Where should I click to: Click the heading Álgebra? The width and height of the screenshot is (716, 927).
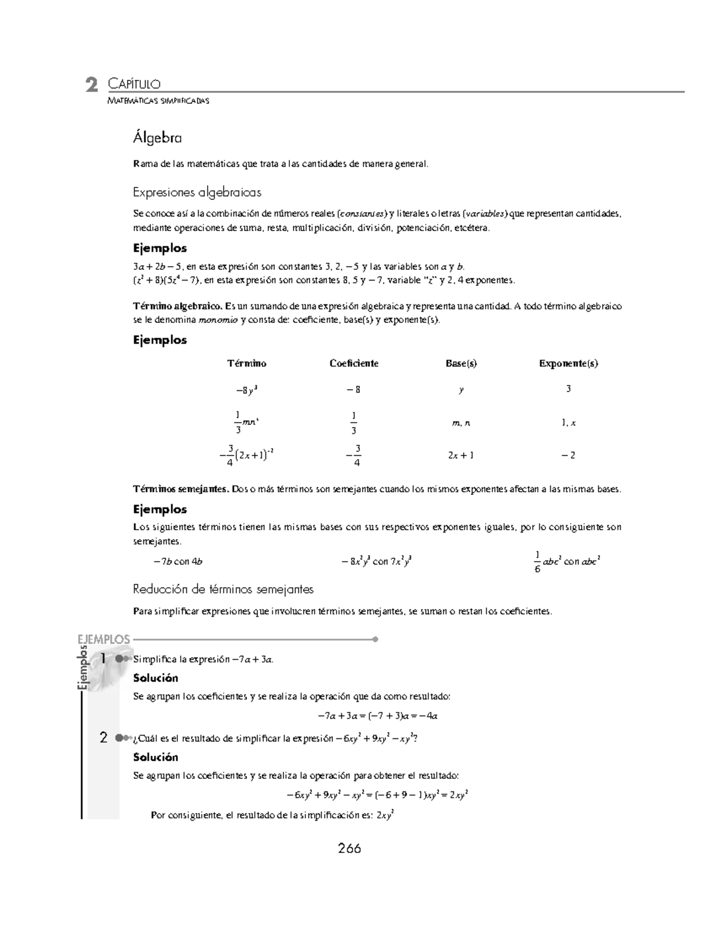(x=157, y=138)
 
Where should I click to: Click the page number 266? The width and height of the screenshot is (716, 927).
(x=349, y=848)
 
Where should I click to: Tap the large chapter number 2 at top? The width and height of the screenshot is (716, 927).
(x=91, y=85)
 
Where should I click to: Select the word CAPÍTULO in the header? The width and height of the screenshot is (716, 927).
(x=134, y=84)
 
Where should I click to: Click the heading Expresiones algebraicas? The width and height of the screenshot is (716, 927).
(x=197, y=192)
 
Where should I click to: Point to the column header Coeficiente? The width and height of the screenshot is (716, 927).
(x=354, y=363)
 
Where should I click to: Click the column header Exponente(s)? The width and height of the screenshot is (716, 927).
(x=568, y=363)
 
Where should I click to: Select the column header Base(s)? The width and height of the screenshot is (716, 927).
(x=461, y=363)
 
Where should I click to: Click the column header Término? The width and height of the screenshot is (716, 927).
(x=246, y=363)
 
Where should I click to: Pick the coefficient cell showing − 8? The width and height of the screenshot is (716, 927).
(x=353, y=390)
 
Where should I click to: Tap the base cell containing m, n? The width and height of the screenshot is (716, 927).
(x=461, y=423)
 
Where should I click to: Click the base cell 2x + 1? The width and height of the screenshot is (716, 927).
(x=461, y=455)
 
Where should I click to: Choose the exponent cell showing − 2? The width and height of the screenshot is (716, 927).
(x=568, y=455)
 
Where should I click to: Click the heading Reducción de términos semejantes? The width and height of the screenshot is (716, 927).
(x=223, y=589)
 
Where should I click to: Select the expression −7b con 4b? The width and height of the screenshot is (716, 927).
(x=178, y=561)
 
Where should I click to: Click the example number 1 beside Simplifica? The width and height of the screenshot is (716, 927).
(x=104, y=658)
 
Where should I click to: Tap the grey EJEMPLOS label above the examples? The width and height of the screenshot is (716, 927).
(x=104, y=639)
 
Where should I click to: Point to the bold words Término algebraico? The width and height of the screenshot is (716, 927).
(x=178, y=306)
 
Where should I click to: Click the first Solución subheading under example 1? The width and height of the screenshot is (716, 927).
(x=156, y=678)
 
